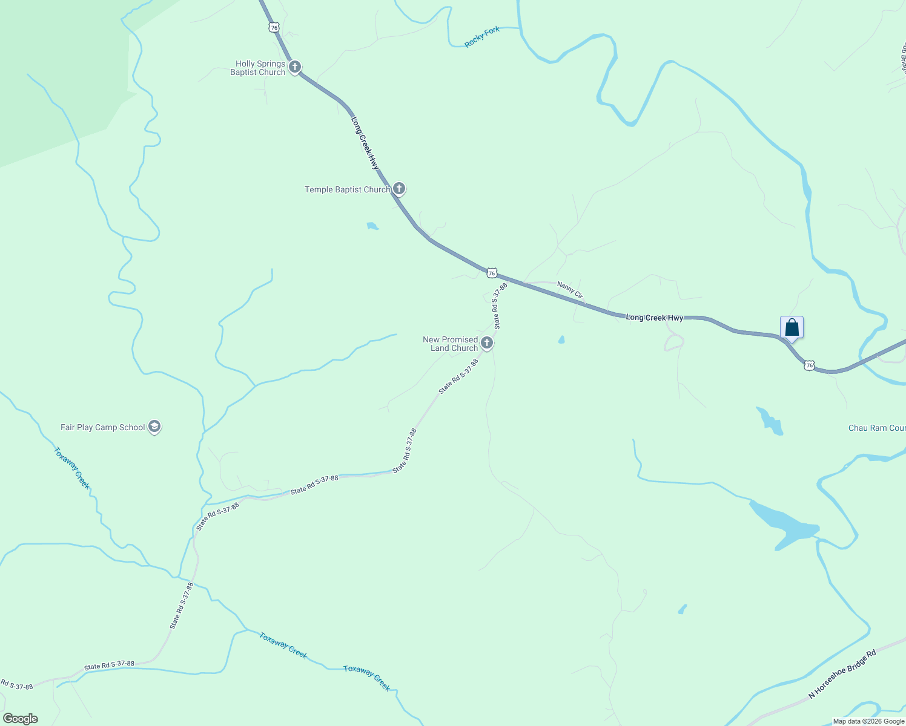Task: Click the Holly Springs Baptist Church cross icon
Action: (x=295, y=67)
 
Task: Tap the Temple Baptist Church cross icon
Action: (x=398, y=189)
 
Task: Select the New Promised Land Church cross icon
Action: (x=486, y=344)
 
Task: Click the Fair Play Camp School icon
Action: (x=154, y=427)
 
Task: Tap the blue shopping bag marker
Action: (x=792, y=327)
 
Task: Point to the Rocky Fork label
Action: (x=482, y=37)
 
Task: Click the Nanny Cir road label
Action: (x=570, y=290)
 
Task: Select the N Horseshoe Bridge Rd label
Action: (x=842, y=675)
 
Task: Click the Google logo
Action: (x=20, y=719)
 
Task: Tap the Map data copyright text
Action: (x=868, y=721)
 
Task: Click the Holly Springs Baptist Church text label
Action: (x=258, y=68)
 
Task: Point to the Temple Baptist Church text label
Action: (x=347, y=189)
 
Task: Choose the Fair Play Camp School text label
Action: (x=102, y=427)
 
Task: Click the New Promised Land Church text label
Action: (x=451, y=344)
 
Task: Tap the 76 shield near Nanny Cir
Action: (x=492, y=273)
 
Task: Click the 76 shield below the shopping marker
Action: (x=809, y=365)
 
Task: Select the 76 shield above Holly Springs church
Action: (x=274, y=27)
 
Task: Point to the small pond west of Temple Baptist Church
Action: (x=372, y=226)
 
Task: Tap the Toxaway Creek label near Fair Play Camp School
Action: (x=72, y=468)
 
